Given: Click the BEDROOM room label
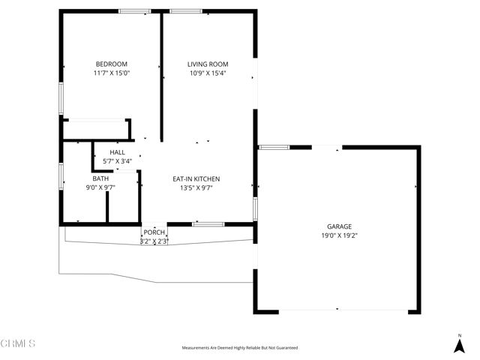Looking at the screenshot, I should [111, 64].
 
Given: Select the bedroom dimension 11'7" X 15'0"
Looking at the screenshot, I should [111, 73].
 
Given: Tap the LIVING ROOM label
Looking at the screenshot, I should [208, 64].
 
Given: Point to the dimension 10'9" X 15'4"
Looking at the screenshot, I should [208, 73].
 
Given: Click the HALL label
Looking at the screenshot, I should [117, 152].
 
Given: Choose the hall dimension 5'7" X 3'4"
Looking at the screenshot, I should [117, 161].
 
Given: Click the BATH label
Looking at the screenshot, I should [100, 178].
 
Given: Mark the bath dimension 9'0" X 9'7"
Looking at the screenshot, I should [100, 188].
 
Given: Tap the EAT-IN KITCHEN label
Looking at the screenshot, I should [196, 178].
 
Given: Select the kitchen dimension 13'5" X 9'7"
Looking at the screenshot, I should [196, 188].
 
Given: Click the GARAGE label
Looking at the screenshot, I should [339, 226].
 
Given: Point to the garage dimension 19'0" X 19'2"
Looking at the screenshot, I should [339, 235].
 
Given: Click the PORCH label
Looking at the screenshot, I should [154, 232].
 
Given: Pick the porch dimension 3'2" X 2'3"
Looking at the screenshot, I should [154, 241].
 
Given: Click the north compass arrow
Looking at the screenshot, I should [459, 344].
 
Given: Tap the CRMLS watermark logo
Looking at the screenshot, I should [19, 343].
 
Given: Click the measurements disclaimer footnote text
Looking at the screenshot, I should [240, 348].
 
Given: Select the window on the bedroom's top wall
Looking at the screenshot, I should [135, 11].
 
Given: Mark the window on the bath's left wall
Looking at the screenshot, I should [61, 173].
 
